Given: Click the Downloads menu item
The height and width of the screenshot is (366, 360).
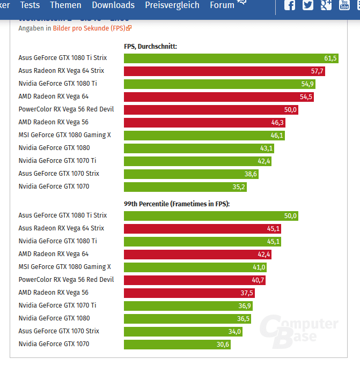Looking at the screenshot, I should point(113,5).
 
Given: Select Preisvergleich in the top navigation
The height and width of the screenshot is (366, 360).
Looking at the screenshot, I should point(172,5).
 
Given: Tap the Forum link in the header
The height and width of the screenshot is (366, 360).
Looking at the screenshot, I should point(222,5).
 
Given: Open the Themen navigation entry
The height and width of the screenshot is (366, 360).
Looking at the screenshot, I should point(65,5).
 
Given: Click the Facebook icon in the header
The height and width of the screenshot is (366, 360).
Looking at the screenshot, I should point(290,5).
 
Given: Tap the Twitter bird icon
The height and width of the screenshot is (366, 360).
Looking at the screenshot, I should point(308,5).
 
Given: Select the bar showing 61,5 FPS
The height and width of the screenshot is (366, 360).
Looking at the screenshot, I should point(231,58).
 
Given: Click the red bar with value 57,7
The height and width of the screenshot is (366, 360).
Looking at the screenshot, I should point(224,71).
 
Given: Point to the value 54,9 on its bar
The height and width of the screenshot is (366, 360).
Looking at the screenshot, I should point(307,84).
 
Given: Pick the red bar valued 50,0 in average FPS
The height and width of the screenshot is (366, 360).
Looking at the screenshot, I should point(210,109).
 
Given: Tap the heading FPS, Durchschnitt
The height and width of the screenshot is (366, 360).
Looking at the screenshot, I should point(150,47).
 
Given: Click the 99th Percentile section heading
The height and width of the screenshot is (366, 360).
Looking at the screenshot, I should point(177,204).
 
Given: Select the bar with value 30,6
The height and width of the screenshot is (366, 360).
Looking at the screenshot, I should point(177,344).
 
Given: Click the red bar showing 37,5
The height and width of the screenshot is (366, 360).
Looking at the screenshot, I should point(189,293).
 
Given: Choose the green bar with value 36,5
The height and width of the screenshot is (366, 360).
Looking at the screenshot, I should point(187,318).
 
